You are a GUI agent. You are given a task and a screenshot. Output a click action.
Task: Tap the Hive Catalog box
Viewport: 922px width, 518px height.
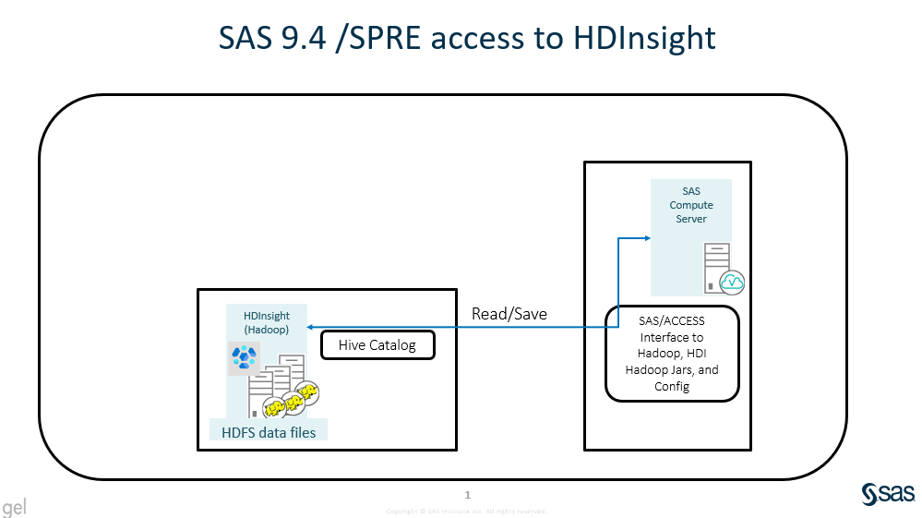tap(377, 345)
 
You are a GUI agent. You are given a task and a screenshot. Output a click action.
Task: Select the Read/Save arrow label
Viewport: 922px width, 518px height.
tap(509, 314)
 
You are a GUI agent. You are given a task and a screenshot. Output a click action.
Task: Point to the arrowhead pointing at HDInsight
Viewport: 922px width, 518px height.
tap(311, 327)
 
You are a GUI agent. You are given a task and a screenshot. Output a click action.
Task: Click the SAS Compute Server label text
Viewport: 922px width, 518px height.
tap(691, 205)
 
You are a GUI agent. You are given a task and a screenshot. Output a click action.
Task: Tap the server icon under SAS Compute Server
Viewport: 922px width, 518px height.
tap(718, 267)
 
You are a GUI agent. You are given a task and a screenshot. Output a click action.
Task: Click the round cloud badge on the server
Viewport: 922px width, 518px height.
tap(732, 281)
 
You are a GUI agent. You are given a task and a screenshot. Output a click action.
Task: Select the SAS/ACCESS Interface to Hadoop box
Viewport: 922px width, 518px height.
tap(672, 354)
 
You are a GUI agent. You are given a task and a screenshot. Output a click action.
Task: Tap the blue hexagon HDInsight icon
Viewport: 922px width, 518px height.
tap(244, 356)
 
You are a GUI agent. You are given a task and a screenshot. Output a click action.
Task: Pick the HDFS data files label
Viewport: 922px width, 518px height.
tap(268, 432)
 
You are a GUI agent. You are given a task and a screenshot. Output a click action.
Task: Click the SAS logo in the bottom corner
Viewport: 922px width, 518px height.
tap(886, 494)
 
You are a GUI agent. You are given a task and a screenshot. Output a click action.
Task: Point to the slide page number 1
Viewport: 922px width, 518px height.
tap(468, 496)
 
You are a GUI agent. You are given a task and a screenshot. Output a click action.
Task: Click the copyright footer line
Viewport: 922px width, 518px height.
tap(466, 511)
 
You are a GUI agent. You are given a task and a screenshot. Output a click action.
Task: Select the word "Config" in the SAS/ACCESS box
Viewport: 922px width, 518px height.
tap(672, 386)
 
